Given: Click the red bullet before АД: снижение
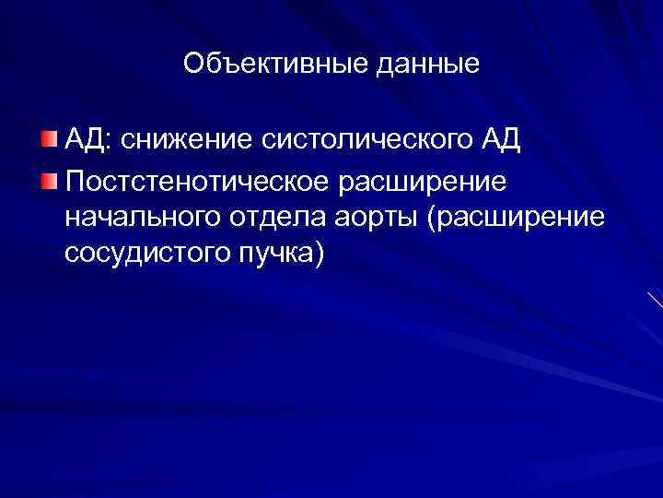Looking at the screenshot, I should coord(48,141).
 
